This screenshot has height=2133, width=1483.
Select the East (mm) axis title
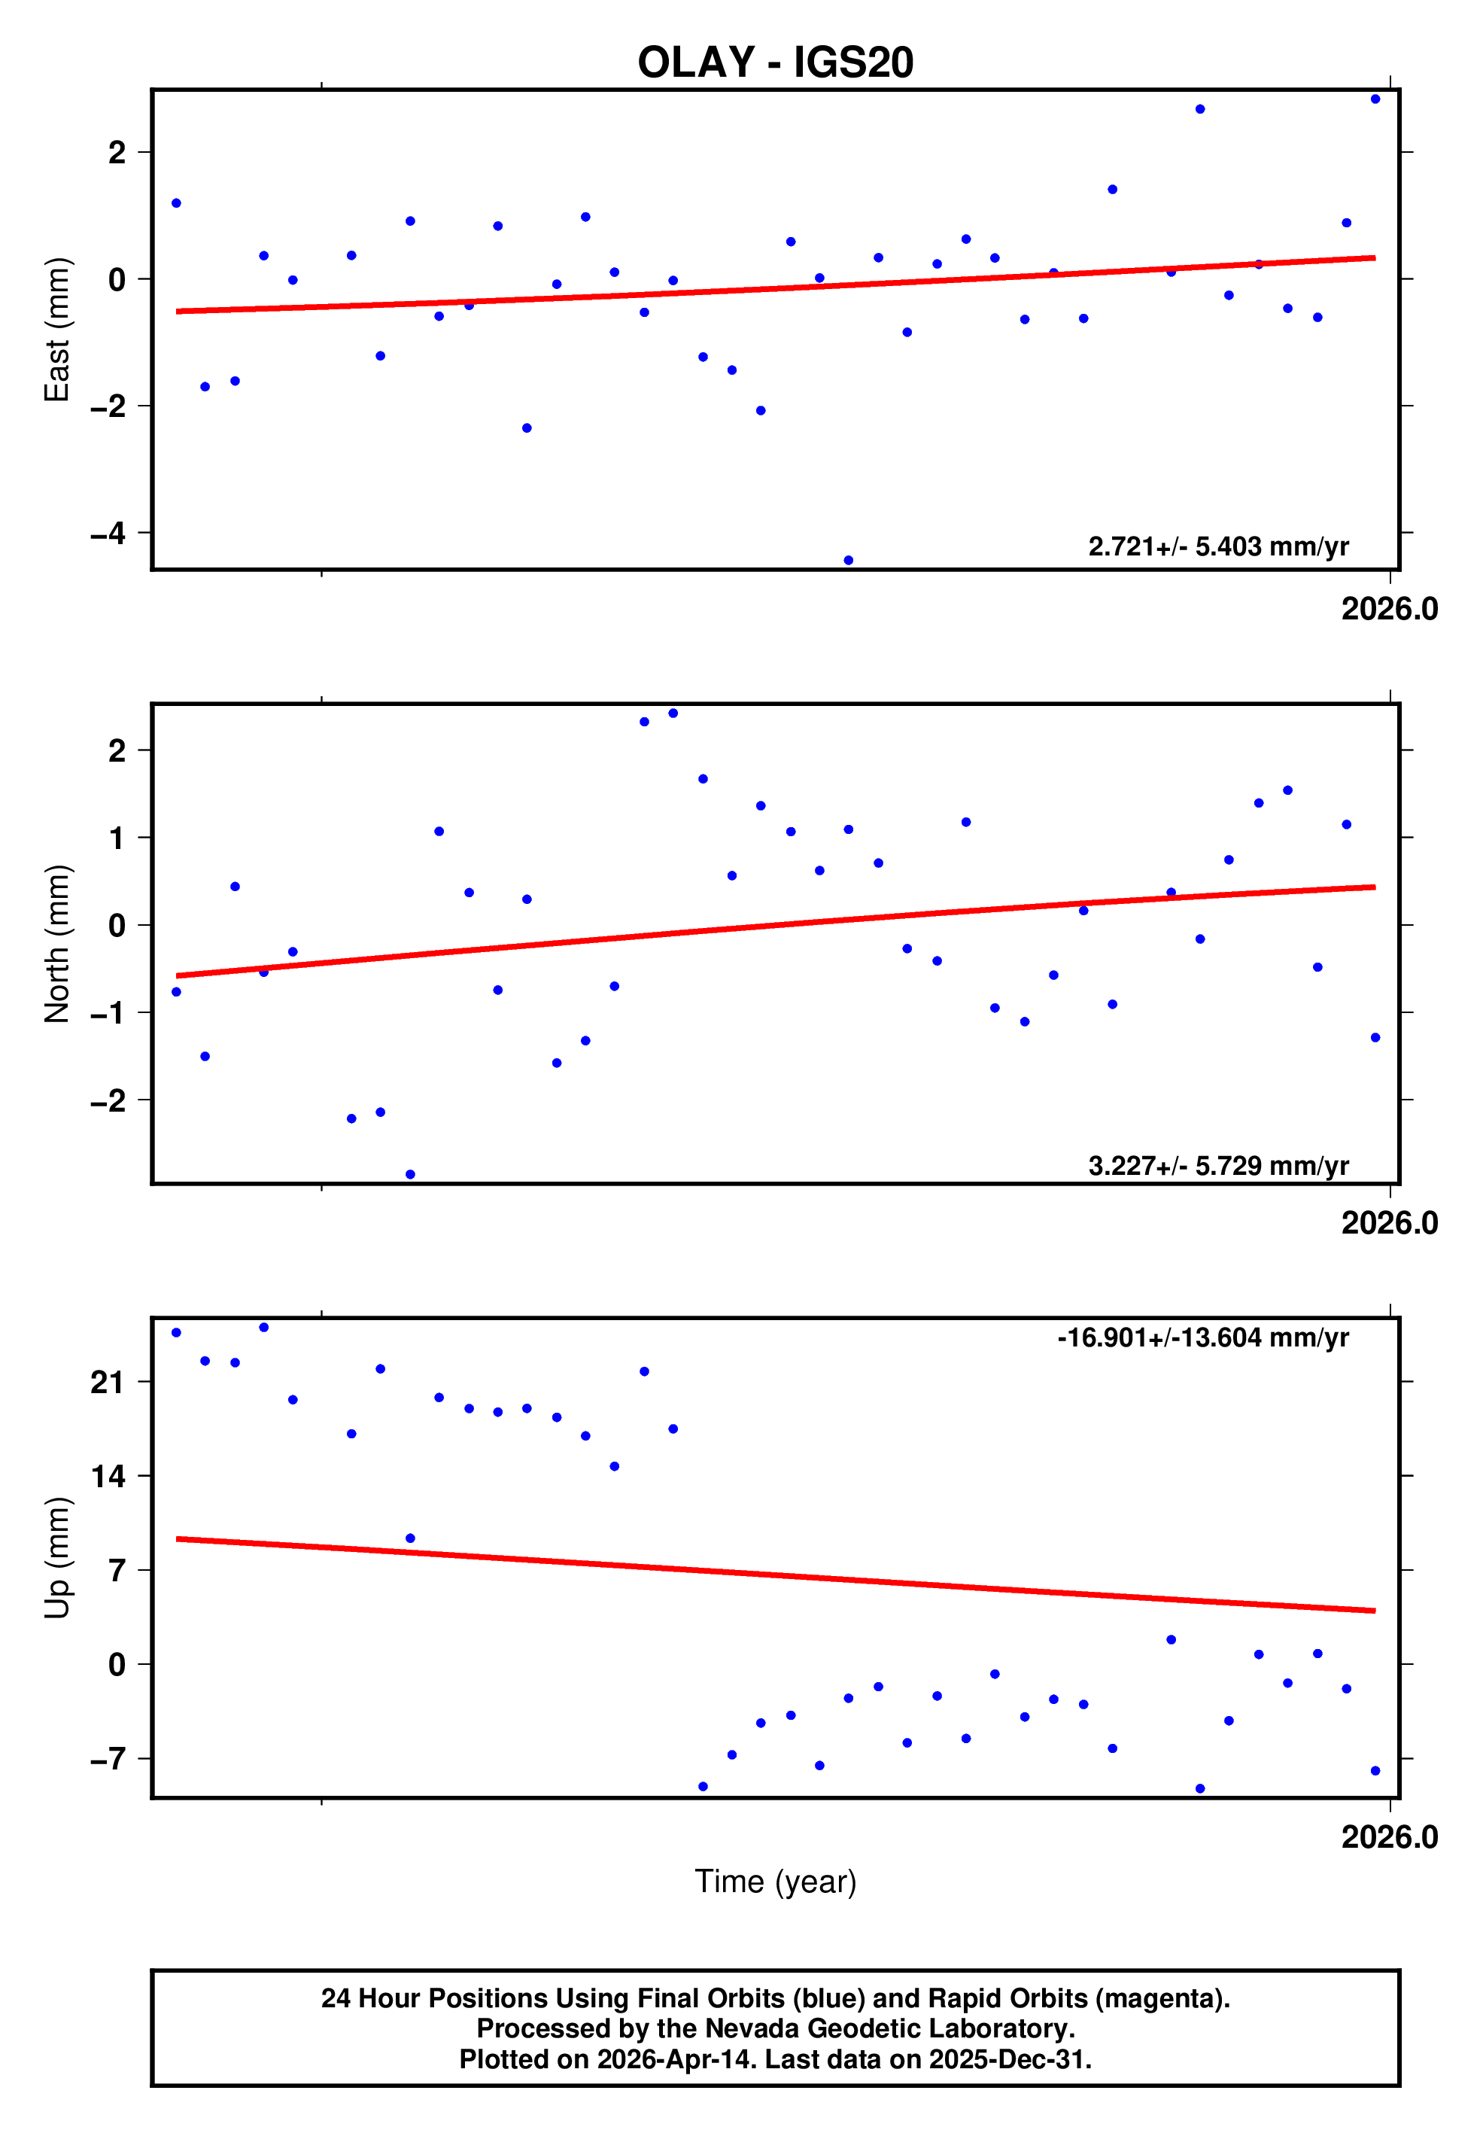tap(58, 330)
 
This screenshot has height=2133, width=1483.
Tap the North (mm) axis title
tap(58, 943)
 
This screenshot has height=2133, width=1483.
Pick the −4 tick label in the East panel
tap(108, 533)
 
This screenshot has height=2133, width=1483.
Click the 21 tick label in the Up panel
tap(108, 1383)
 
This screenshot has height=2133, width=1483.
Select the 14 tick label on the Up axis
tap(108, 1475)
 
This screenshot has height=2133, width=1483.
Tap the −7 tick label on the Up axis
tap(108, 1759)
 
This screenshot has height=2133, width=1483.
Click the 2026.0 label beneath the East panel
tap(1388, 610)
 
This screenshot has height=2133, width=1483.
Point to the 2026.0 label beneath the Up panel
tap(1388, 1836)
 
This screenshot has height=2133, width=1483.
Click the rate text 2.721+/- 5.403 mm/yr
tap(1217, 546)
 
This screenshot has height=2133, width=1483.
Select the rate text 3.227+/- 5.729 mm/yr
tap(1217, 1166)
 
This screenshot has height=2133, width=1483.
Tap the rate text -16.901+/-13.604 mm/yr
tap(1202, 1337)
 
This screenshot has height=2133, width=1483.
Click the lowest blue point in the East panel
tap(848, 560)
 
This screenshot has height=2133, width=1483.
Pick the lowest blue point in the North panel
tap(409, 1174)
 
